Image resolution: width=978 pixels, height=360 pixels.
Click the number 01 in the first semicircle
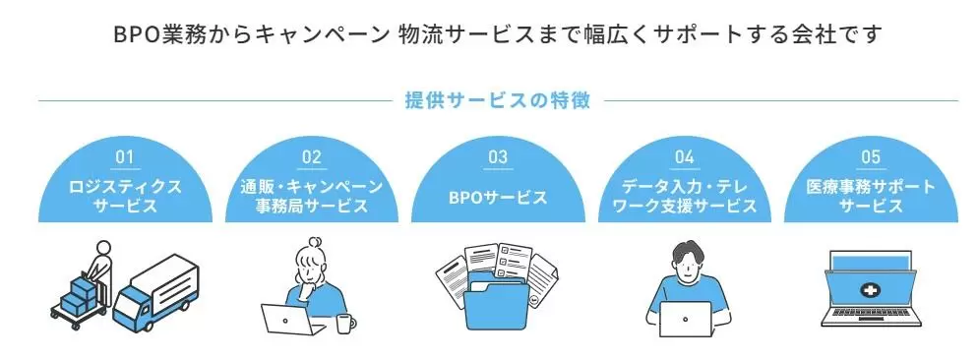coord(125,157)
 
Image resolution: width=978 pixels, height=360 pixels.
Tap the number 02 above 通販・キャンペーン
coord(311,157)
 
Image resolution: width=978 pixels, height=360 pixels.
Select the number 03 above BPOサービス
coord(498,157)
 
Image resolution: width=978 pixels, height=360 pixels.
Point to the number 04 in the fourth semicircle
coord(684,157)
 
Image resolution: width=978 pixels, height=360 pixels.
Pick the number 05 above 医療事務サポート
coord(871,157)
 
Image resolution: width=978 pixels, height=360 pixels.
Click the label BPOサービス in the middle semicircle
coord(498,198)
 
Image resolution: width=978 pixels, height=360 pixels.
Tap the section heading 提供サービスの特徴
coord(498,100)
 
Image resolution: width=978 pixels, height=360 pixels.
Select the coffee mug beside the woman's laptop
coord(345,324)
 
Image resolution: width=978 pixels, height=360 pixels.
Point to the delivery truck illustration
coord(155,293)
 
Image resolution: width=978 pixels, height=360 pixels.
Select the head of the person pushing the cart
coord(103,248)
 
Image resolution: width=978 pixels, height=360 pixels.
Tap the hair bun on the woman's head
coord(316,241)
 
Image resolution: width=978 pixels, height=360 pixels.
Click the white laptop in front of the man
coord(685,319)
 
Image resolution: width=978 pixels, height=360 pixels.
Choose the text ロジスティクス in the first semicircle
coord(125,187)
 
